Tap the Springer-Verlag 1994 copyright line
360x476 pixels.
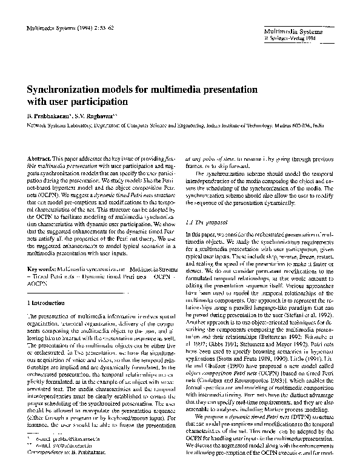[x=287, y=36]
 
